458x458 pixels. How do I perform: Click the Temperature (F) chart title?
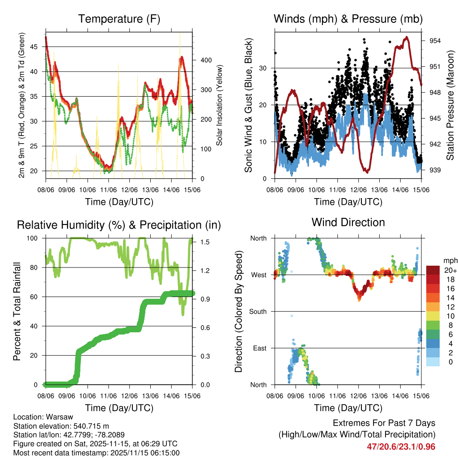[x=119, y=19]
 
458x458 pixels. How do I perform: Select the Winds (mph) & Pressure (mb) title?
[x=348, y=19]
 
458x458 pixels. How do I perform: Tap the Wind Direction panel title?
[x=348, y=222]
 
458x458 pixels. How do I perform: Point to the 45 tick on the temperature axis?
[x=37, y=47]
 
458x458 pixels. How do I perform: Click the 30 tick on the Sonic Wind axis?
[x=266, y=68]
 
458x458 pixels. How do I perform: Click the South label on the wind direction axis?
[x=258, y=311]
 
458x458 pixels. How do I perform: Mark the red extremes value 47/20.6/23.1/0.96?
[x=401, y=446]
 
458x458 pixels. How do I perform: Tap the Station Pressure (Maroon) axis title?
[x=450, y=106]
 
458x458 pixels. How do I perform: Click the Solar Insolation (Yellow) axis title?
[x=220, y=106]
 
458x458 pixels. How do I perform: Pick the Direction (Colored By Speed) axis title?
[x=238, y=311]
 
